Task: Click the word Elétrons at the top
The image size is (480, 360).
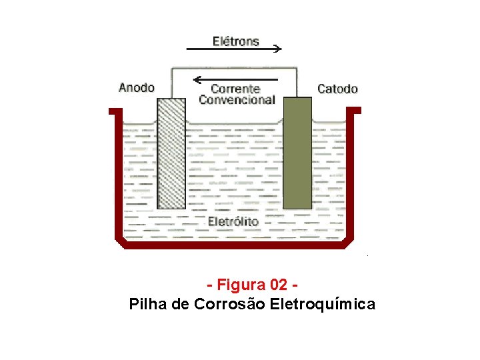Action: pos(235,41)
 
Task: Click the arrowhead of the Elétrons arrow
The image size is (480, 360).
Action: pos(278,49)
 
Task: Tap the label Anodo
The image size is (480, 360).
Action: pos(136,87)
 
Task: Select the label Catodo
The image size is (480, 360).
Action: pos(337,89)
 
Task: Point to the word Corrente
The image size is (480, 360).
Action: pos(235,89)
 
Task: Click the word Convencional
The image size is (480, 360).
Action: pos(237,100)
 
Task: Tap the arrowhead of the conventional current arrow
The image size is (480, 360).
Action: pos(195,80)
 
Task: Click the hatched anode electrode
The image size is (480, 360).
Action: pos(171,153)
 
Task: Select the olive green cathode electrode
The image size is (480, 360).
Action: pos(297,153)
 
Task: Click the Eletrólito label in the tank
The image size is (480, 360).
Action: pos(233,221)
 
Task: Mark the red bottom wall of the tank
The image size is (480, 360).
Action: pos(237,245)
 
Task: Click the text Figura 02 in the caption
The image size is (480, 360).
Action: pos(251,285)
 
